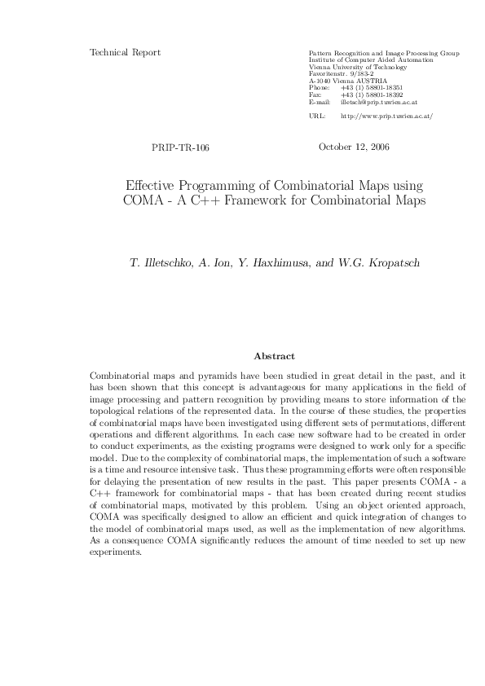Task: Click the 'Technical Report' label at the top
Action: point(125,53)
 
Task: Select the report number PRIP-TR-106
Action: point(180,148)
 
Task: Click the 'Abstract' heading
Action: point(275,356)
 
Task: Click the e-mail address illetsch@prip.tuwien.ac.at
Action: point(379,103)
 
